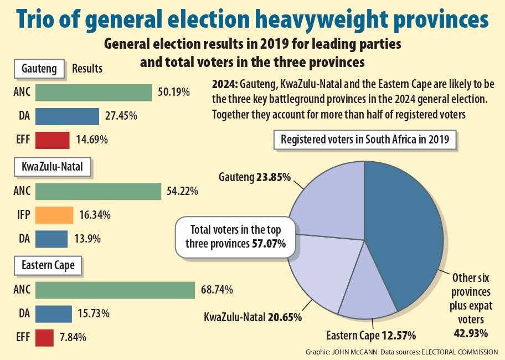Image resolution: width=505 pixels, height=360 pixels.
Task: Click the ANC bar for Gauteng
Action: click(x=93, y=92)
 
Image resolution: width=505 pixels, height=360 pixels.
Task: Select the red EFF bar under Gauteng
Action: click(x=52, y=140)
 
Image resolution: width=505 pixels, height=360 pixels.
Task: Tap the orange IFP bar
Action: click(x=54, y=215)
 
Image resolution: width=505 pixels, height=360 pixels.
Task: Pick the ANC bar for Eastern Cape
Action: click(x=115, y=290)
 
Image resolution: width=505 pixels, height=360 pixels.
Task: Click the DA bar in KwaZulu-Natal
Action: click(x=51, y=239)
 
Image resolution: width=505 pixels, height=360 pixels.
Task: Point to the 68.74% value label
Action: click(x=217, y=290)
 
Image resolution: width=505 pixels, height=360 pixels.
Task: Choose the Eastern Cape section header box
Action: click(x=48, y=267)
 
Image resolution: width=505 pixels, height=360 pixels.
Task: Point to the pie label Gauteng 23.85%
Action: click(x=255, y=178)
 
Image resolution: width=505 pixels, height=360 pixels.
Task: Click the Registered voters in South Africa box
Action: click(x=365, y=140)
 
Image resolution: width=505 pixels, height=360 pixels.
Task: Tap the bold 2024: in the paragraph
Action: click(x=224, y=86)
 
